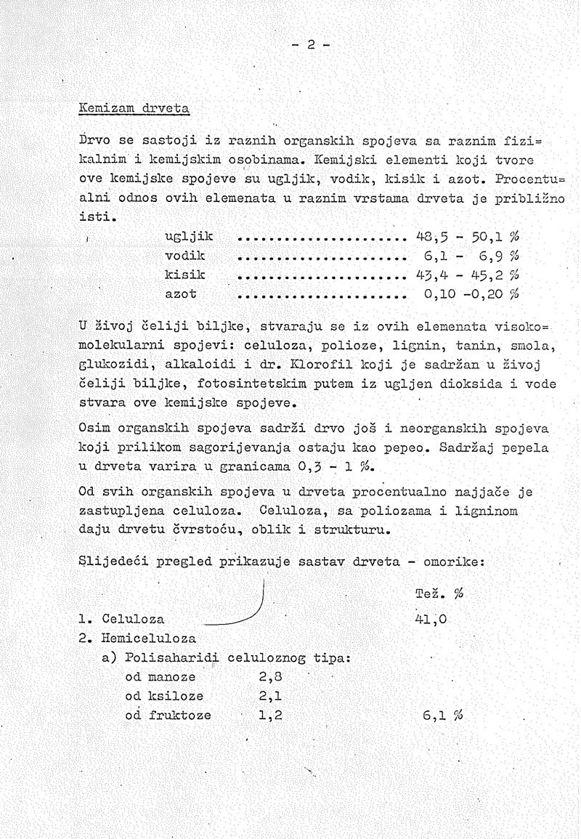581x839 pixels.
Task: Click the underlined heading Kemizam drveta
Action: (x=134, y=109)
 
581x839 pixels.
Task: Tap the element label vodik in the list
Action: (x=186, y=256)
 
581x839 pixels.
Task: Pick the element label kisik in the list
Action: (x=186, y=275)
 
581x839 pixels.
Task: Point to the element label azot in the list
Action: (x=182, y=295)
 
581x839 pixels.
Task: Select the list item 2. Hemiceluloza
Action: (x=137, y=639)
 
